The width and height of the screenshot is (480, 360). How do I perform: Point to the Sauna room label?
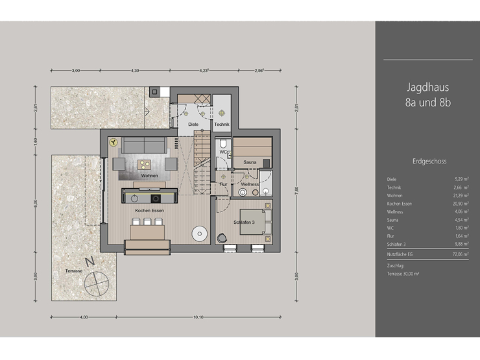[252, 162]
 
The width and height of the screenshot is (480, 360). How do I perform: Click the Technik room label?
[222, 123]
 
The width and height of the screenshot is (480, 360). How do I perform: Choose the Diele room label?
[193, 123]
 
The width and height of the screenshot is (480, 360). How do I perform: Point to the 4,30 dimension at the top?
[135, 69]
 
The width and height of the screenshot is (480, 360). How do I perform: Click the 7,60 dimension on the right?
[296, 191]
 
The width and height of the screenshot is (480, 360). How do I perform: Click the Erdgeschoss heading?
[427, 161]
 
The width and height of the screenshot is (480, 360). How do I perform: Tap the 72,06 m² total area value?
[461, 257]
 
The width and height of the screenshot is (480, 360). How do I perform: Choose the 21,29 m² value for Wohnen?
[461, 195]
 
